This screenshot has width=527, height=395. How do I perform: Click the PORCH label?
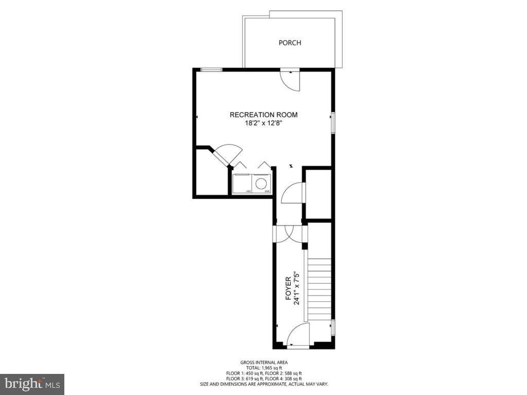click(x=290, y=43)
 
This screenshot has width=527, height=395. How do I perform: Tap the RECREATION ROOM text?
click(x=263, y=115)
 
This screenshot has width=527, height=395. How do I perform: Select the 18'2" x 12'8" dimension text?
click(x=263, y=123)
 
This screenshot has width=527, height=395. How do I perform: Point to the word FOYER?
click(x=288, y=289)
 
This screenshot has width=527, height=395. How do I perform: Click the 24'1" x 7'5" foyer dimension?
click(x=296, y=289)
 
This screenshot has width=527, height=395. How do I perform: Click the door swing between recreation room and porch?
click(x=290, y=81)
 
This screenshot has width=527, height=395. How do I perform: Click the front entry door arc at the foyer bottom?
click(x=297, y=334)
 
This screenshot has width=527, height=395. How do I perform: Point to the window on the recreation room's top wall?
click(x=211, y=69)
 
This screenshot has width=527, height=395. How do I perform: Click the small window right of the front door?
click(x=332, y=327)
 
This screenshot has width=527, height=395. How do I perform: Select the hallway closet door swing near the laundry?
click(x=293, y=193)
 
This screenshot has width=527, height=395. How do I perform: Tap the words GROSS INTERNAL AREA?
click(x=264, y=362)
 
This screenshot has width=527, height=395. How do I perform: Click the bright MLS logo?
click(x=31, y=384)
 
